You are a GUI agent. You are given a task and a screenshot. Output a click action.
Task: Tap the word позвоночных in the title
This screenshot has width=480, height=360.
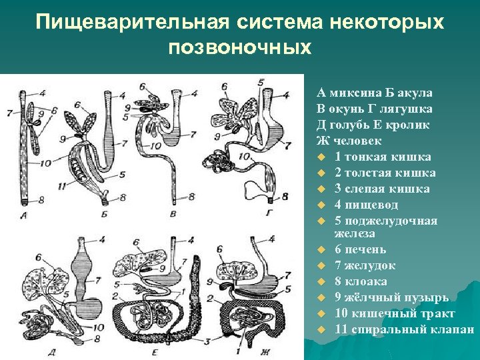pos(239,49)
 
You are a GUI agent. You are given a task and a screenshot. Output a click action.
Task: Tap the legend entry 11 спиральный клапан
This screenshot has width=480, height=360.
pos(404,329)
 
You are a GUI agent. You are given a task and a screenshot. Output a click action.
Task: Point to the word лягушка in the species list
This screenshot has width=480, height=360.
pos(409,109)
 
